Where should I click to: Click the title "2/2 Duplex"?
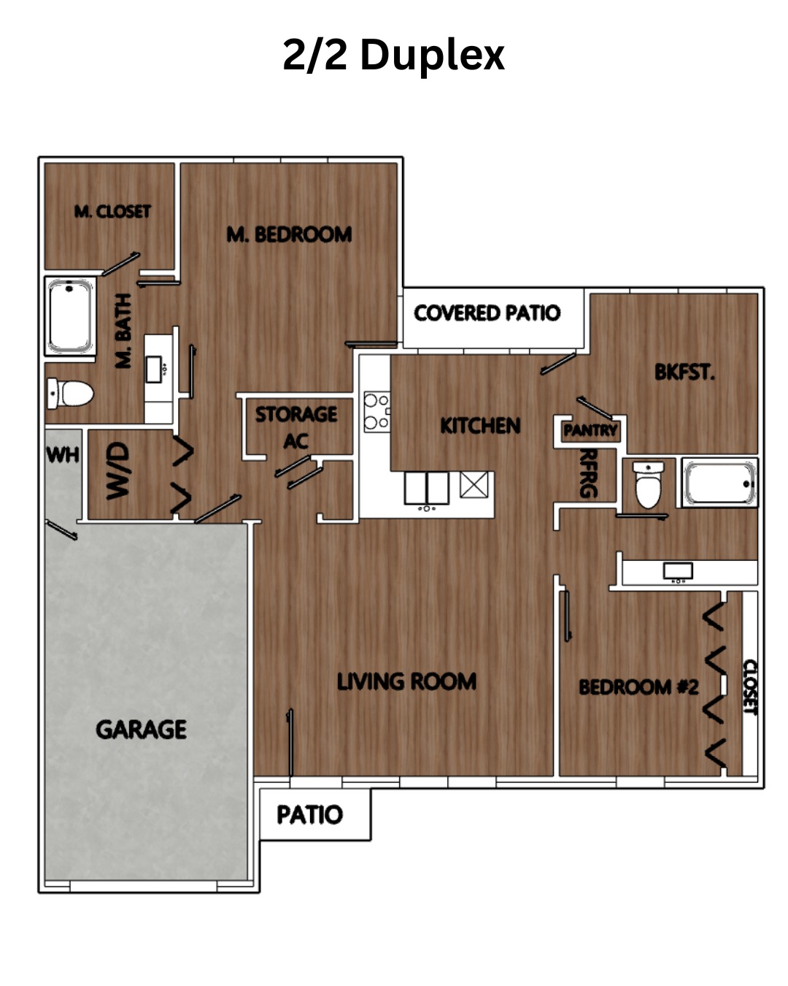click(x=393, y=56)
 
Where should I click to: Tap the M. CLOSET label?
click(x=112, y=211)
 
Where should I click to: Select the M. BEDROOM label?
click(x=290, y=234)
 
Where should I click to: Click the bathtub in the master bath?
click(x=70, y=316)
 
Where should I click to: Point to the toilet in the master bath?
click(x=70, y=393)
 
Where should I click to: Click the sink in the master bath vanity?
click(x=153, y=370)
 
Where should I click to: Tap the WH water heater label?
click(x=63, y=455)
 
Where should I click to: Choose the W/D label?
click(x=117, y=470)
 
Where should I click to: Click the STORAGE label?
click(x=296, y=414)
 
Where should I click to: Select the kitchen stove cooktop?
click(x=376, y=411)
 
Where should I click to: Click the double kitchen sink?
click(x=426, y=488)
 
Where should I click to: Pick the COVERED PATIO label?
click(x=487, y=313)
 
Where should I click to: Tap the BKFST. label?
click(x=684, y=372)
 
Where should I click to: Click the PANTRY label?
click(x=590, y=430)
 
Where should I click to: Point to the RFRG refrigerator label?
click(x=589, y=473)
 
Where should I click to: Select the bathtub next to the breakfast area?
click(x=719, y=483)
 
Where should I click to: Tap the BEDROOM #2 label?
click(x=638, y=687)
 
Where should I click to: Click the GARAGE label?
click(x=141, y=730)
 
